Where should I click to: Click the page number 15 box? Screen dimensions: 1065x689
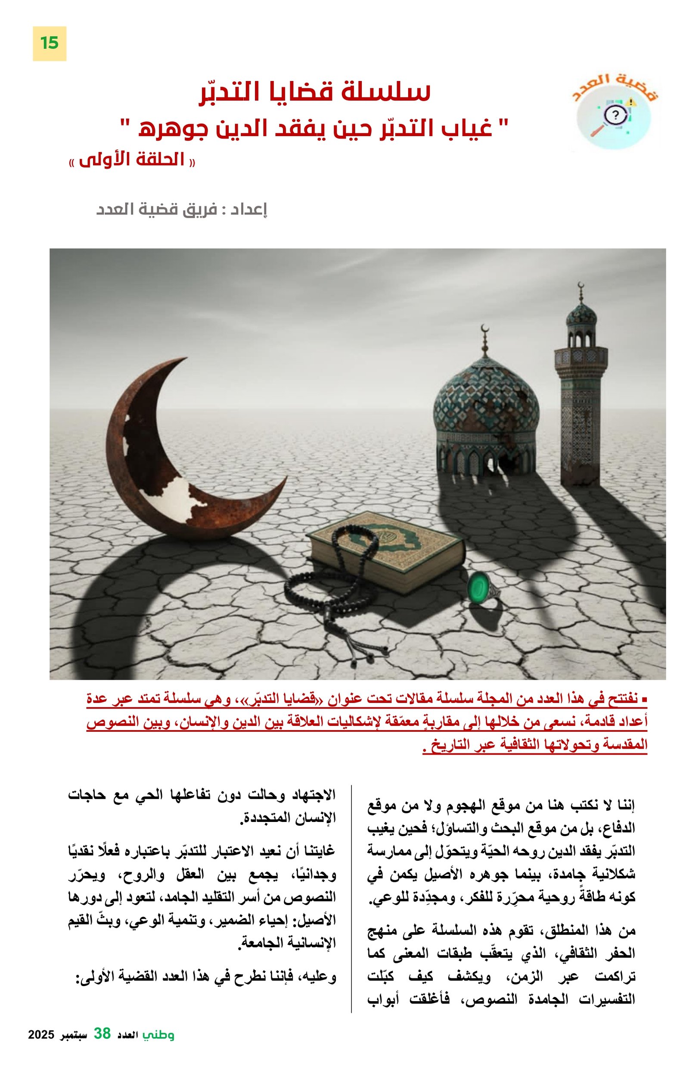pos(49,43)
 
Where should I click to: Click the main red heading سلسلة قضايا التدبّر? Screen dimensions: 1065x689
pos(314,92)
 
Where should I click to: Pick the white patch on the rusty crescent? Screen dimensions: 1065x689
pos(179,497)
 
